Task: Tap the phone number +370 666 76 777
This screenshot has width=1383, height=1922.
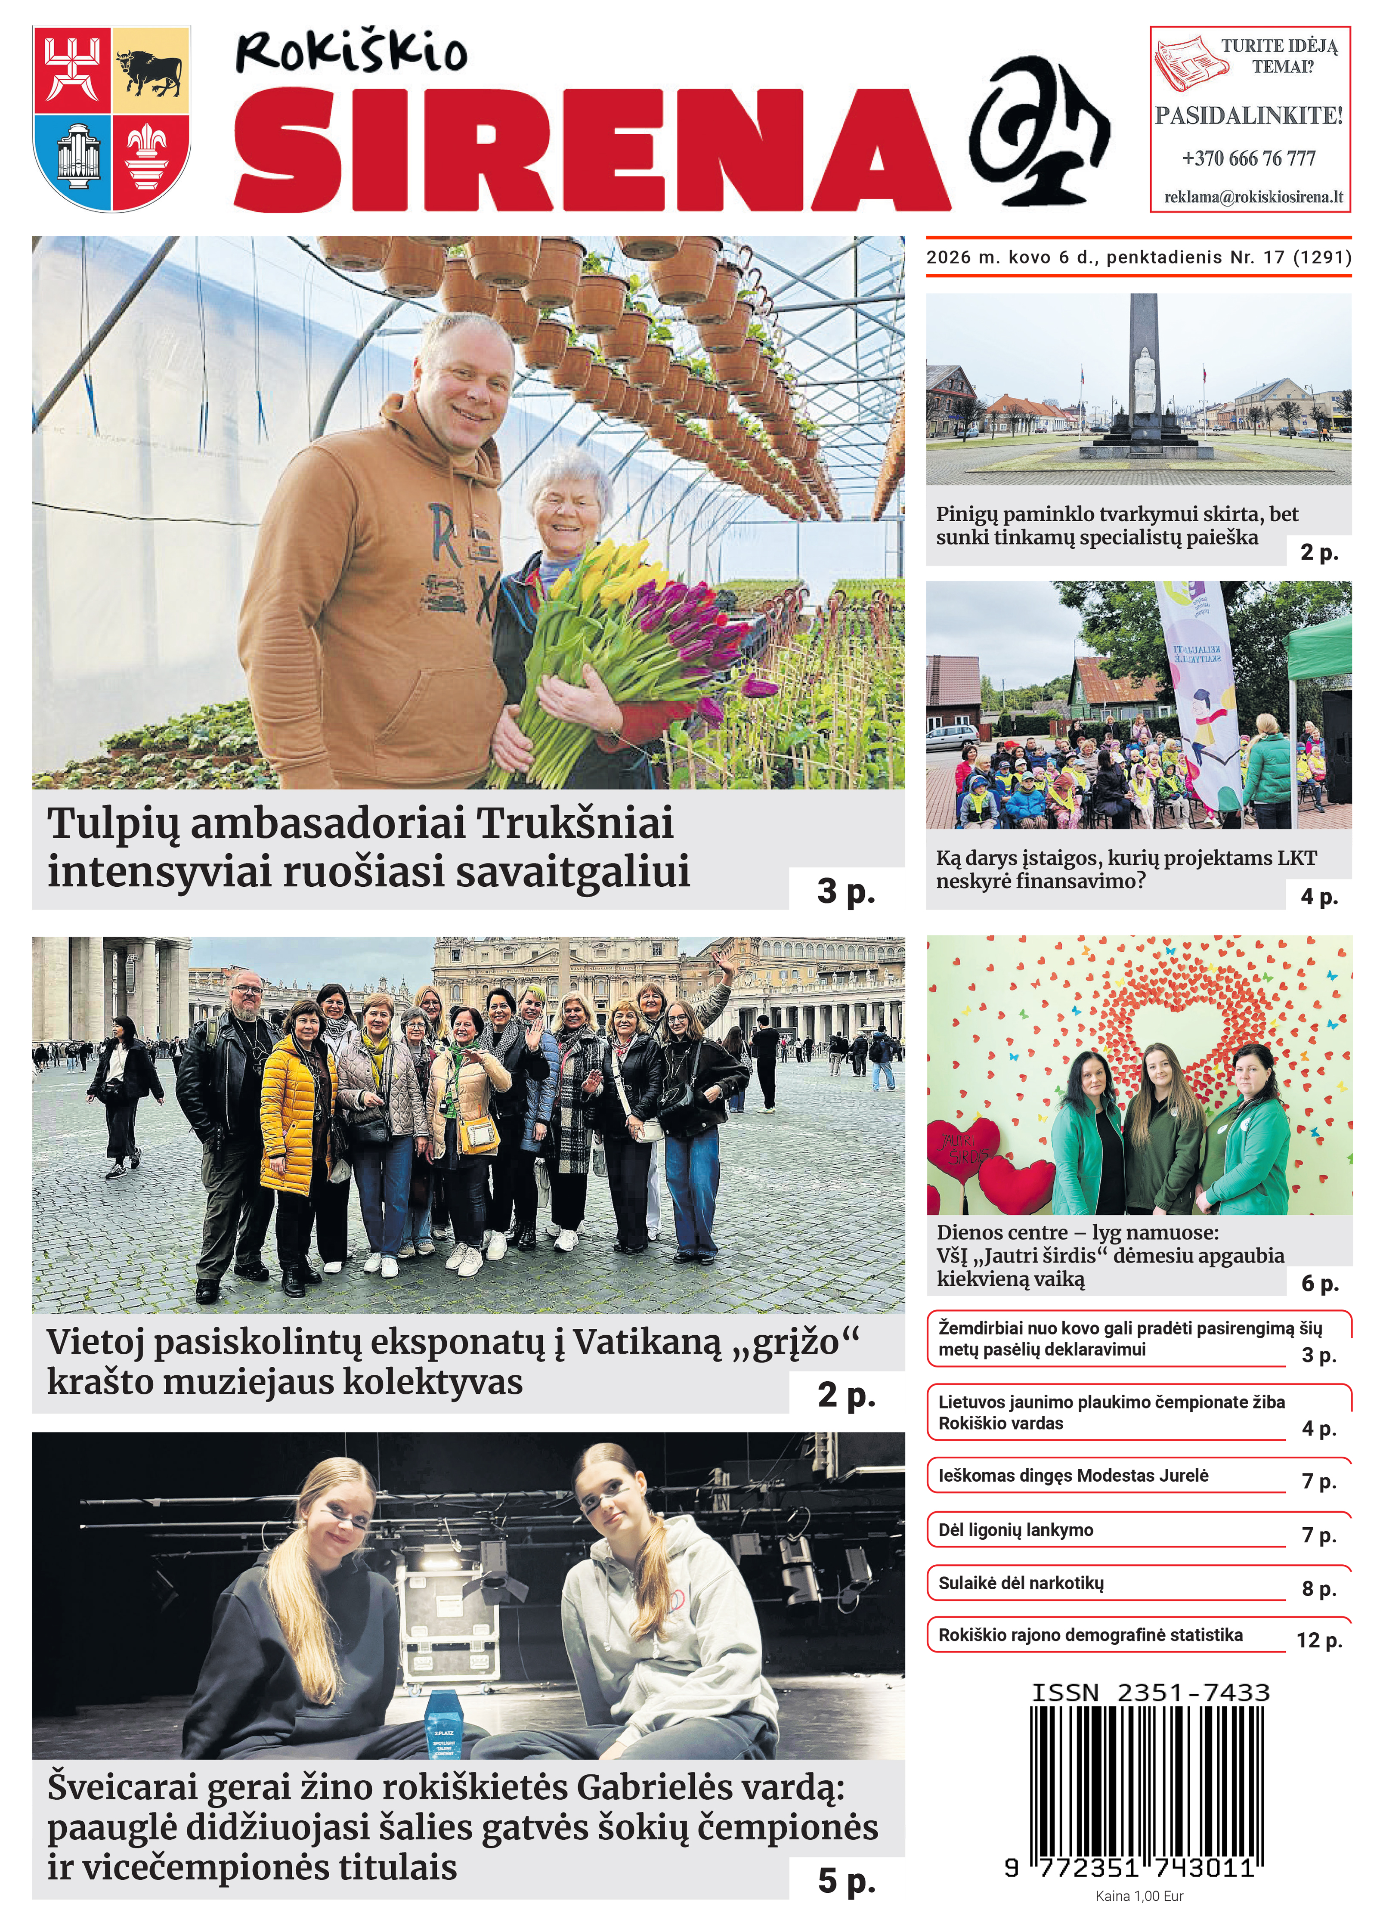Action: [1248, 158]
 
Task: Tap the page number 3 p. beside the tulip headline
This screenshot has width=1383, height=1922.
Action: [845, 891]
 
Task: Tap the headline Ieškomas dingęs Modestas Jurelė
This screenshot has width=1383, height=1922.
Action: [1073, 1475]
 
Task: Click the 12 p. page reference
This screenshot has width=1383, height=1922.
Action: [1318, 1640]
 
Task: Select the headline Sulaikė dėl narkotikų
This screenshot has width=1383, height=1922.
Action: [1020, 1582]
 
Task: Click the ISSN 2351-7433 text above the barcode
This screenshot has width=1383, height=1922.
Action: [1150, 1692]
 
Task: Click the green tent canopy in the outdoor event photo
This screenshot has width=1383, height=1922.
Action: [1322, 648]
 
